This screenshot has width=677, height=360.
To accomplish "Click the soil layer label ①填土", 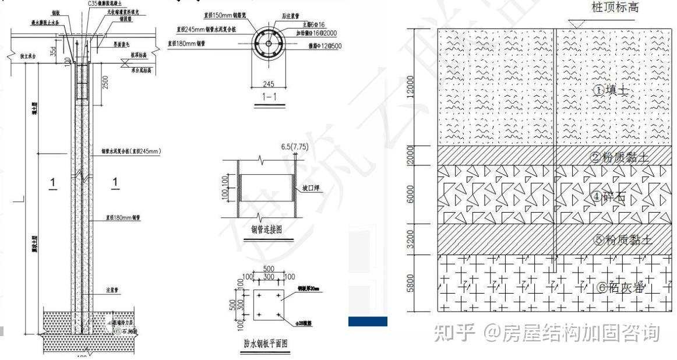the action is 611,90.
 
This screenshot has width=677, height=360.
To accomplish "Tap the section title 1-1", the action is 269,96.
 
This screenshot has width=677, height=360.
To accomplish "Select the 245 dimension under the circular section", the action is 269,84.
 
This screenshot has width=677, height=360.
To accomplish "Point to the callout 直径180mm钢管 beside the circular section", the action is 186,43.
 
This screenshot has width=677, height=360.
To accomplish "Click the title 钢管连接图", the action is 267,230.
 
